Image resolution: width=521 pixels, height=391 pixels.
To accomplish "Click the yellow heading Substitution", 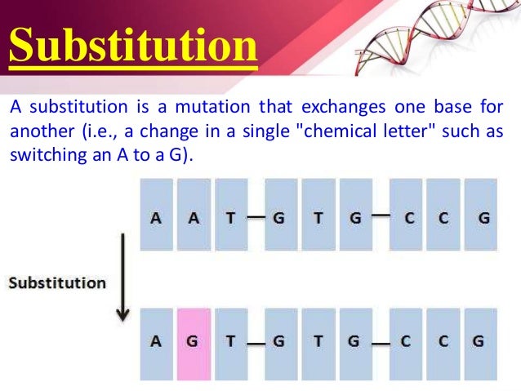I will point(134,47).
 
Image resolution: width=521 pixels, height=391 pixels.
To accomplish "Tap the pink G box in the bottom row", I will point(193,341).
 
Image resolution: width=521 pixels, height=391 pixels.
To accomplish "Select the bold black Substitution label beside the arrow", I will point(58,283).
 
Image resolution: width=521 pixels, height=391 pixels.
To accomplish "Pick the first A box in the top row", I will point(155,217).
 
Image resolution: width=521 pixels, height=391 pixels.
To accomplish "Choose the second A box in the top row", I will point(193,217).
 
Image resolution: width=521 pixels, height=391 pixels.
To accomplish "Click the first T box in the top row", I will point(230,217).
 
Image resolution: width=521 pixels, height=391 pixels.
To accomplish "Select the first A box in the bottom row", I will point(155,341).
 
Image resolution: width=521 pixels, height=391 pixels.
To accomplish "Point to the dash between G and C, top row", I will point(380,216).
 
